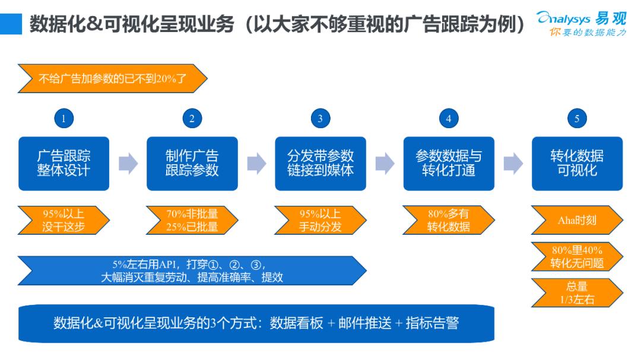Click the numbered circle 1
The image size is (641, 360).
pos(64,118)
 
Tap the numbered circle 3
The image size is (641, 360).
pos(320,118)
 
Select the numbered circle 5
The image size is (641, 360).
pos(576,118)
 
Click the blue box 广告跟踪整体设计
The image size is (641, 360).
pos(64,163)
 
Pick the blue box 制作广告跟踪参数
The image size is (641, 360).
pos(192,163)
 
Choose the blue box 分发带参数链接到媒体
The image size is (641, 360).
pos(320,163)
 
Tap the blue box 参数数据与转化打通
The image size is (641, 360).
pos(449,163)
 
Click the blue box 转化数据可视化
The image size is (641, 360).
pos(577,163)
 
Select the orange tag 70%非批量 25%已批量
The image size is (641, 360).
pos(192,220)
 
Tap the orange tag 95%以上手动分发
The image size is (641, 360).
pos(320,220)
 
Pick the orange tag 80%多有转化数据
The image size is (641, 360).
pos(448,220)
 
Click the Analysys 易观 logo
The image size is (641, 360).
pos(581,23)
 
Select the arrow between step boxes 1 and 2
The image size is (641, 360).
pos(128,163)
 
